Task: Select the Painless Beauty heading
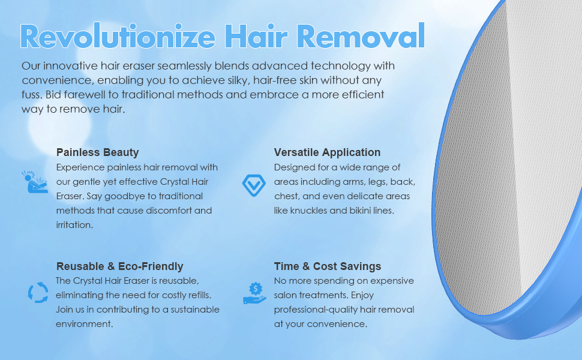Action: pos(97,152)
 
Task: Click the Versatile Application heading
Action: pos(327,152)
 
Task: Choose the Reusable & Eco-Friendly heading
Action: pos(119,266)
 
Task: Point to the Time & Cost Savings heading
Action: pos(328,266)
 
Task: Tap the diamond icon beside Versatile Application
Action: pos(251,184)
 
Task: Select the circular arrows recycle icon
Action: pos(38,293)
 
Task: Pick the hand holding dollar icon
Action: pos(254,292)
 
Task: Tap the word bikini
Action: pos(367,211)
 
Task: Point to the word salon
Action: pos(287,295)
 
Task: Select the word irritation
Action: pos(74,225)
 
